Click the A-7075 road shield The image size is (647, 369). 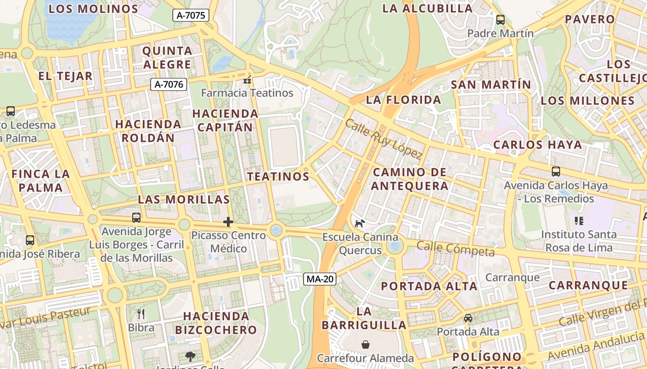point(191,15)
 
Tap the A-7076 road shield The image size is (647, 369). point(169,84)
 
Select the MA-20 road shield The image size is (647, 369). point(320,279)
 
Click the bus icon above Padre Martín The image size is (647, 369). point(501,20)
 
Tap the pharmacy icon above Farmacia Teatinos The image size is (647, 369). point(247,80)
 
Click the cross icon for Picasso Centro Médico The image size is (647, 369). point(228,222)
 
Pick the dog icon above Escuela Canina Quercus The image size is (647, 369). point(360,224)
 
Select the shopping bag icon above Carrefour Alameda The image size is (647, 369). point(365,345)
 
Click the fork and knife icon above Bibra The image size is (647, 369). point(141,315)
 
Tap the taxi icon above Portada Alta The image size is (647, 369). point(468,318)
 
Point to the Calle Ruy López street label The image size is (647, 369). point(384,139)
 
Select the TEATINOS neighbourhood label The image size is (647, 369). point(278,177)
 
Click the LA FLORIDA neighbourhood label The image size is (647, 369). point(403,100)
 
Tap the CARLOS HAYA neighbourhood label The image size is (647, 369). point(537,145)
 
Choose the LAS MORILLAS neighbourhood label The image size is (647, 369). point(184,199)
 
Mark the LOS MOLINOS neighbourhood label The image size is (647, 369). point(93,8)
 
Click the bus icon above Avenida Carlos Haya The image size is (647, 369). point(556,172)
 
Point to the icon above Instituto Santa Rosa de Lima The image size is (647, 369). point(579,221)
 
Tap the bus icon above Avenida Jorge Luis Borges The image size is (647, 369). point(136,218)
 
